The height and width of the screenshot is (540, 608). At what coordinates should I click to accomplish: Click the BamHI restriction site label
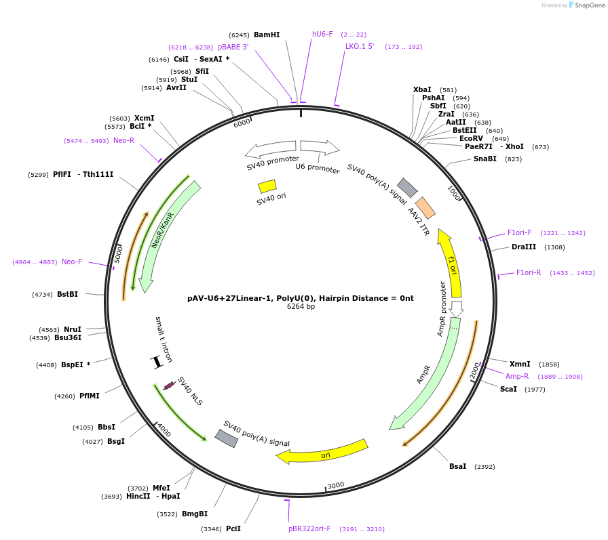click(266, 35)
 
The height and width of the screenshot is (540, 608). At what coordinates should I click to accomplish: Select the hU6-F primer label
click(322, 34)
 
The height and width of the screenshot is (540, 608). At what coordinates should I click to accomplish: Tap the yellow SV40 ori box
click(267, 186)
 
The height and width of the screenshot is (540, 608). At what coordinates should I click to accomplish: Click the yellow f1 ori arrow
click(451, 261)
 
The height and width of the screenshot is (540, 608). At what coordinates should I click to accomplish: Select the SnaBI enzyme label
click(485, 159)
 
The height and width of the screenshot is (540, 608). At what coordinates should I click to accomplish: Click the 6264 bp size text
click(301, 307)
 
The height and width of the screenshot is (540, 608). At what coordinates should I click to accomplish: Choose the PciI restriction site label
click(233, 528)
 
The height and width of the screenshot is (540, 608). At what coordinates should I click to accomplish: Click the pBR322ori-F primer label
click(309, 528)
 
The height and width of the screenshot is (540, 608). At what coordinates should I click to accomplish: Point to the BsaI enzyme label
click(458, 466)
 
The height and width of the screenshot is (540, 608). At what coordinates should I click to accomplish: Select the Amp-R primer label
click(517, 376)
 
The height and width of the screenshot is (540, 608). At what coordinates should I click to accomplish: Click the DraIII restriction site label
click(524, 247)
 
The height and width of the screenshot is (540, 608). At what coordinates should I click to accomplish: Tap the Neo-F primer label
click(72, 262)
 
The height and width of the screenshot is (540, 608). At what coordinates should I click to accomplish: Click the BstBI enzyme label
click(68, 294)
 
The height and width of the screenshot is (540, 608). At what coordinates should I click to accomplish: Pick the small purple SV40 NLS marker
click(169, 386)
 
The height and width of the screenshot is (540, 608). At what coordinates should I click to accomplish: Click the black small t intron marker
click(157, 362)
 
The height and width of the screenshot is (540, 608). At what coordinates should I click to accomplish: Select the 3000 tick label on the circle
click(336, 486)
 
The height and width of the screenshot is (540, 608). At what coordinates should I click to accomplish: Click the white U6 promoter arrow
click(320, 146)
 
